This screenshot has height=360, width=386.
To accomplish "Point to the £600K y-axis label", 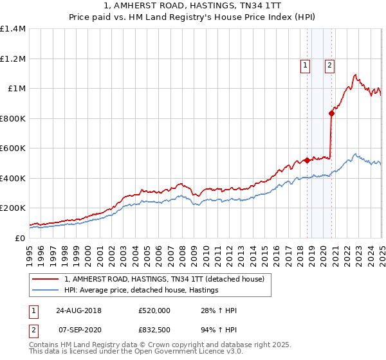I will (x=13, y=148).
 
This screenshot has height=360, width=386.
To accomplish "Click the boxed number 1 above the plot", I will (x=304, y=64).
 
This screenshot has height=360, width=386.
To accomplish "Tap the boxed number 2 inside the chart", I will (x=329, y=64).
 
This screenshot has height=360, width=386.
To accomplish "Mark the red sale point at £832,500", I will (x=331, y=114).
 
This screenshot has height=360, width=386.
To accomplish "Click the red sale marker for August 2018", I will (x=308, y=160).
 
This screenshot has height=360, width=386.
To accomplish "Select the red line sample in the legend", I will (x=46, y=280).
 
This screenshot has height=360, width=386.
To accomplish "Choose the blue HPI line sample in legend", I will (x=46, y=291).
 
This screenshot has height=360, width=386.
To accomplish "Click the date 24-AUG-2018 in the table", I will (x=79, y=310).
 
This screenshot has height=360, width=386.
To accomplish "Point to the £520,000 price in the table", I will (x=154, y=310).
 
